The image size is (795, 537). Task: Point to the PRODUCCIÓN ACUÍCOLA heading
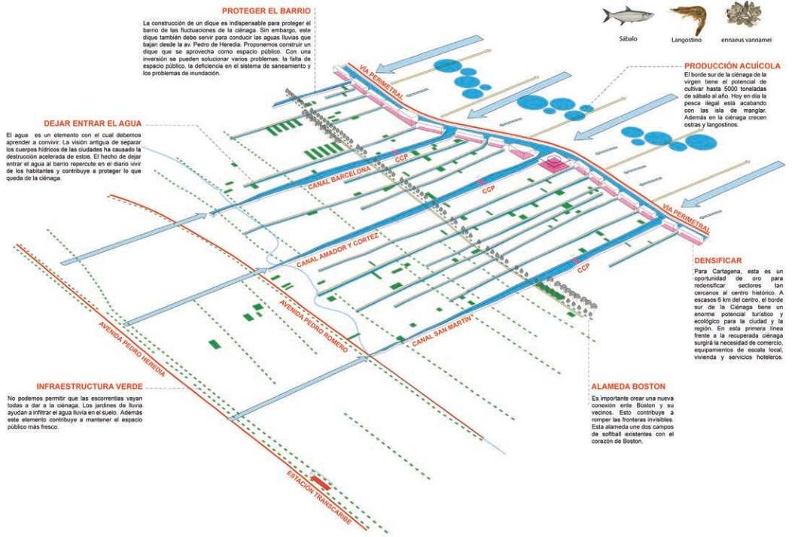[x=736, y=65]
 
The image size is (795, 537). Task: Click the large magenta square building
[x=555, y=164]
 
